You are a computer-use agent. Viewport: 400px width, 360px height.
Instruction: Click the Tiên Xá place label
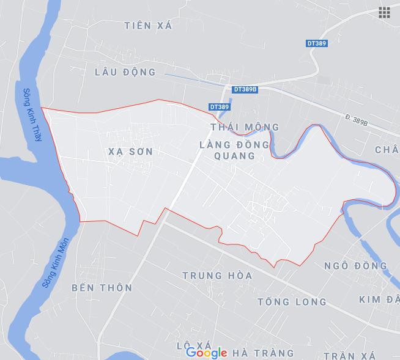(148, 26)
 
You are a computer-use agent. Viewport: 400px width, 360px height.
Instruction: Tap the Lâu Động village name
(125, 72)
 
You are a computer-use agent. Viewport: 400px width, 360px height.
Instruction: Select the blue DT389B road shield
(245, 89)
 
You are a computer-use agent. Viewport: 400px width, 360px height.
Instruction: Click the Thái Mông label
(244, 127)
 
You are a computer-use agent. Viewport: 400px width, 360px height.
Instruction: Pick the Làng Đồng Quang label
(234, 150)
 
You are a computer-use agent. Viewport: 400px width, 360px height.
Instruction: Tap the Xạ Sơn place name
(129, 150)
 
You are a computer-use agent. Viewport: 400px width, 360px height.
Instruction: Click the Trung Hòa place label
(217, 276)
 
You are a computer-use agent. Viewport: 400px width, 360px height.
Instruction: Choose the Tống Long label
(292, 302)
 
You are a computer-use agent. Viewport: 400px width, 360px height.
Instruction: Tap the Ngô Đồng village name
(355, 266)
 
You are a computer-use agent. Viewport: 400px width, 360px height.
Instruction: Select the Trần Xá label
(349, 356)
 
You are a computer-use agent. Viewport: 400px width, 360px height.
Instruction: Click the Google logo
(207, 352)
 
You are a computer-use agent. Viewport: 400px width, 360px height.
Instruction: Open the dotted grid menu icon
(384, 13)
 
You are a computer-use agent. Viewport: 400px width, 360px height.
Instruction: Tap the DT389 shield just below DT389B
(219, 107)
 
